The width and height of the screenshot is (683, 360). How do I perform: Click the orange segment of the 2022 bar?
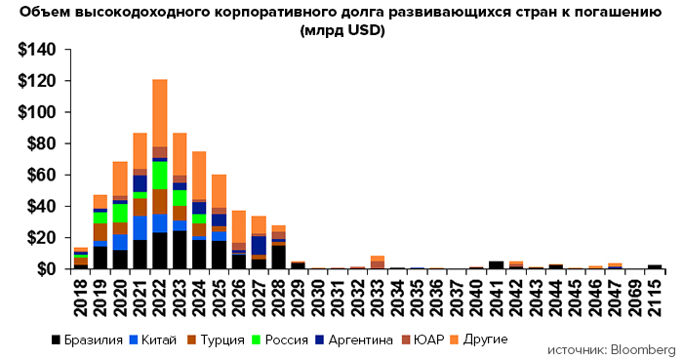(160, 112)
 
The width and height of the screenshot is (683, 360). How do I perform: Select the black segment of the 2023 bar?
(180, 249)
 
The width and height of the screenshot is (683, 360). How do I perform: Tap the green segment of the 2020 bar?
(120, 214)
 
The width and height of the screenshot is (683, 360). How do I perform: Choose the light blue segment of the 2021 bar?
(141, 227)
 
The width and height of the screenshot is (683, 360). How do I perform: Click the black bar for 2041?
(497, 263)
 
